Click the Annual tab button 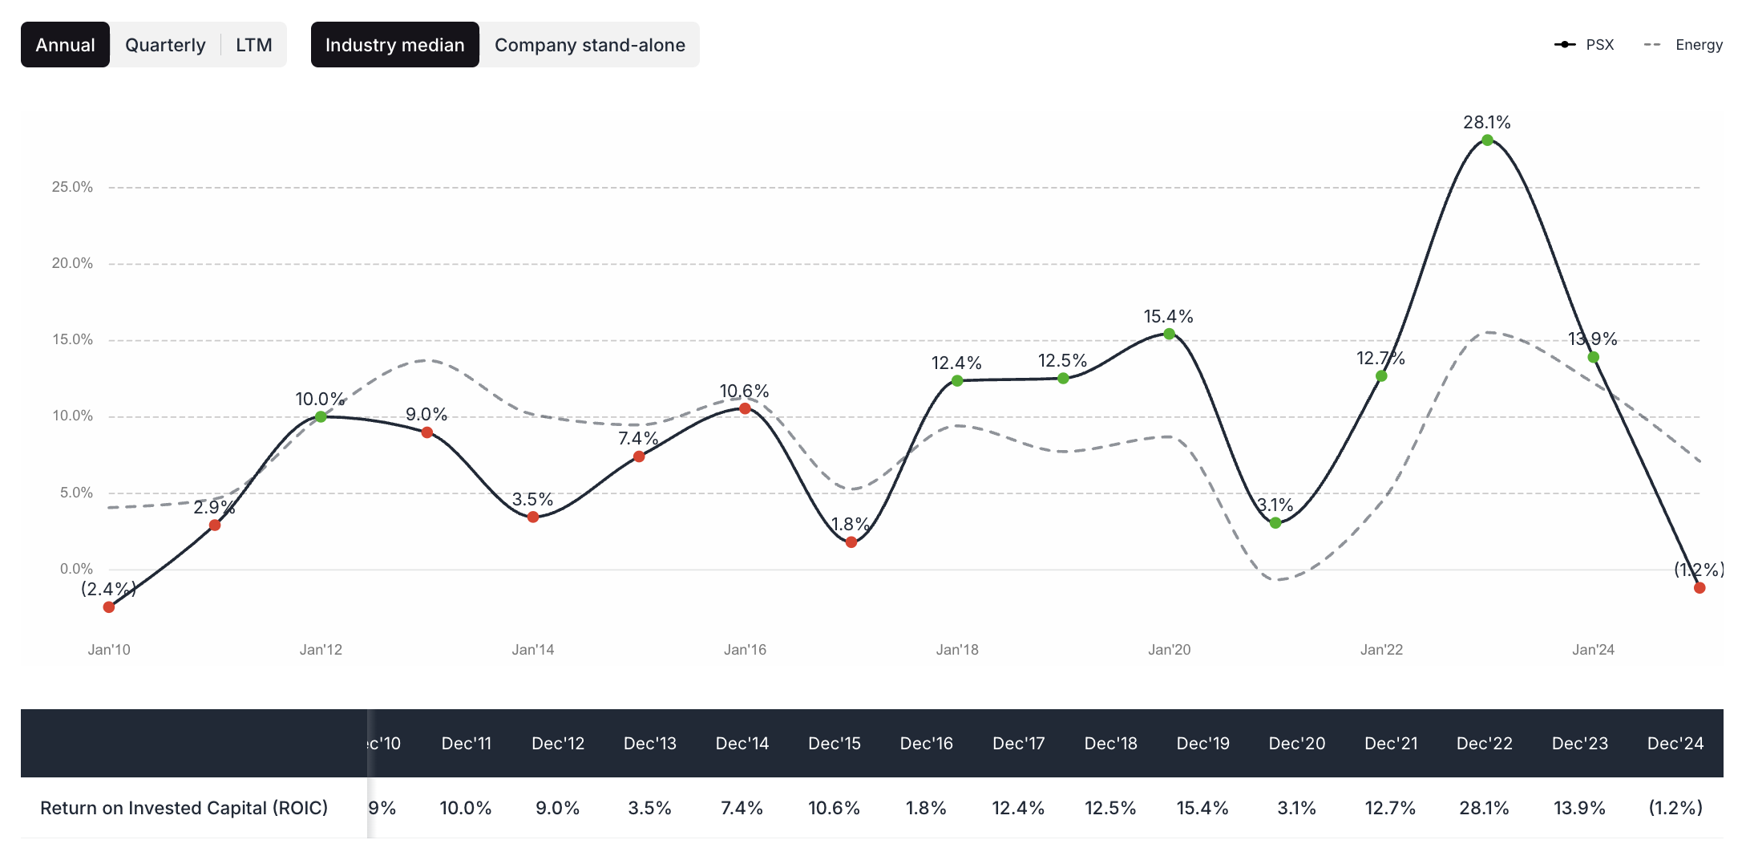65,45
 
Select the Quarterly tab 165,45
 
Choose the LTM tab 253,45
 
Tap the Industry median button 394,45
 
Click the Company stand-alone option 589,45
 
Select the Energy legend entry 1683,45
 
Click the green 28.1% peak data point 1487,140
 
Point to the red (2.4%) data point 109,607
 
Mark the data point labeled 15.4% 1169,334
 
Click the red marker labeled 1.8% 851,542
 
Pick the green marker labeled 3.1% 1275,523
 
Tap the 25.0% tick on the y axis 72,187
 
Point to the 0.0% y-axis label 76,569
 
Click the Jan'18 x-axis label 957,650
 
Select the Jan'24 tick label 1593,650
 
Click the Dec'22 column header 1484,744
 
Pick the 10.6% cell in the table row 834,808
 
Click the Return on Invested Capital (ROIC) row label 184,808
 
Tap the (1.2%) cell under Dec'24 1675,808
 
